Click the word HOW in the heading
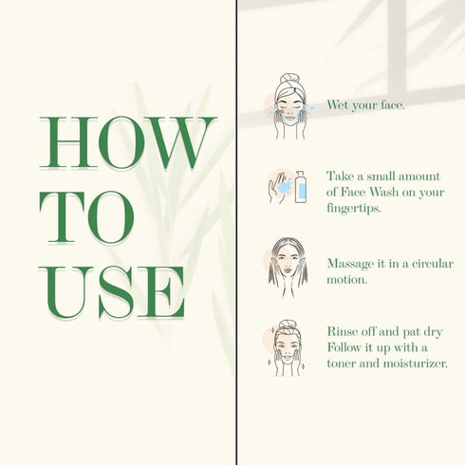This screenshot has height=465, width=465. pos(128,142)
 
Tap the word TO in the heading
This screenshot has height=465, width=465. pos(86,217)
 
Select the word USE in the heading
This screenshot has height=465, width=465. pos(111,292)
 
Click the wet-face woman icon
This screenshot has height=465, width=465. pos(288,106)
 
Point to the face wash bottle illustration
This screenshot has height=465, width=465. pos(301,187)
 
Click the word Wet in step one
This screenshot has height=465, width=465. pos(338,104)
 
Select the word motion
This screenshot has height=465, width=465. pos(346,279)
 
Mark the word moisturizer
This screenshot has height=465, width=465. pos(416,363)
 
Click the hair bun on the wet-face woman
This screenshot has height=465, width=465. pos(289,78)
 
